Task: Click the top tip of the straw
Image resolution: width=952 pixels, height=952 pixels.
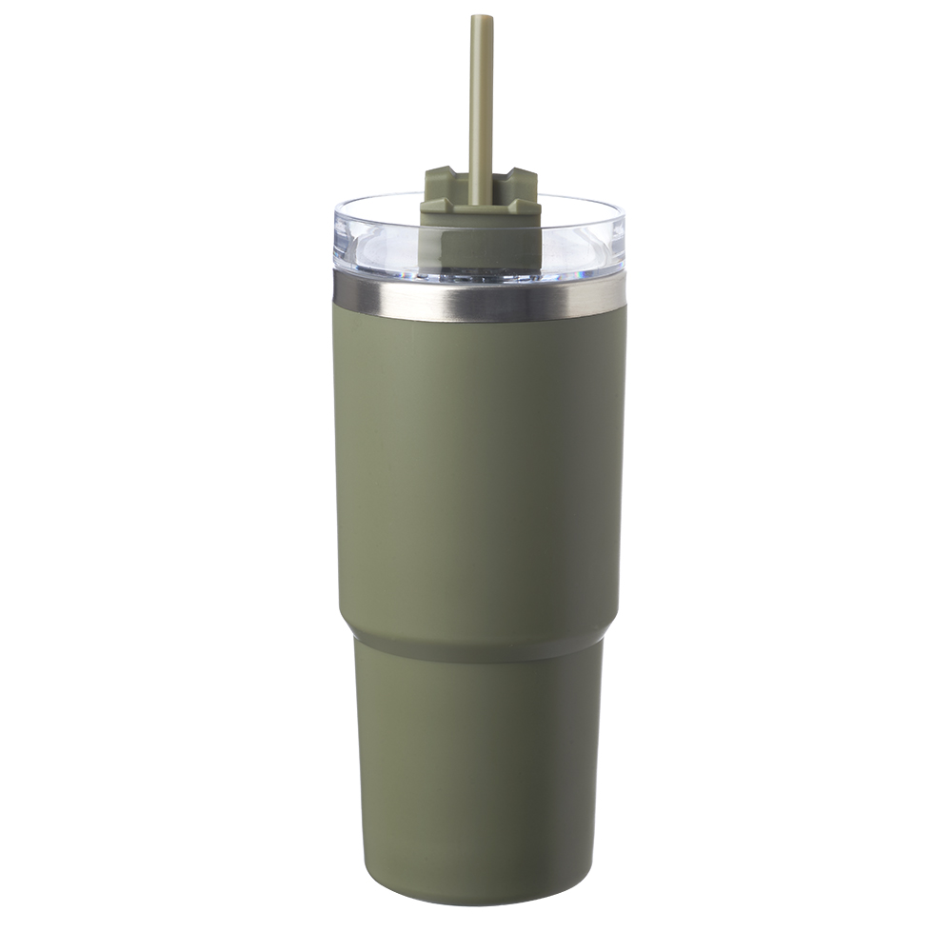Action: click(481, 17)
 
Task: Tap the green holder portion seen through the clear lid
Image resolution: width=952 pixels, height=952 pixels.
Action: click(481, 248)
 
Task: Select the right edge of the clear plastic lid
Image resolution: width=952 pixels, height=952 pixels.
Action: click(625, 238)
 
